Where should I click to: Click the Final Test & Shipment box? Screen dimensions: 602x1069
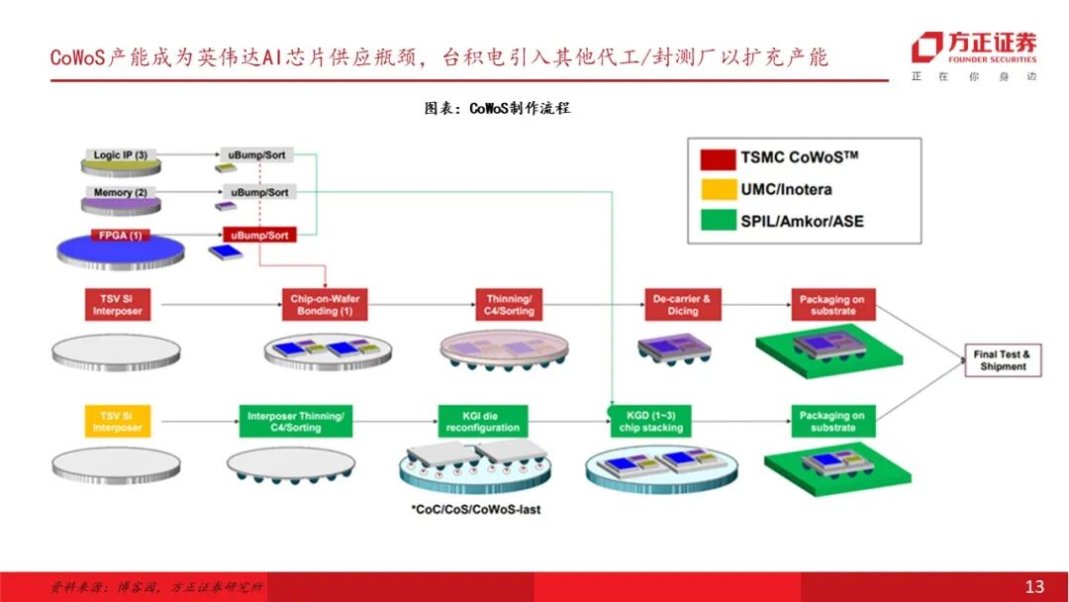pos(1001,360)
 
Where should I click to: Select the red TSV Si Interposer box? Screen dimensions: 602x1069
pos(118,305)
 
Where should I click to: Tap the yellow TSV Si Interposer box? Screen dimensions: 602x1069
pos(118,422)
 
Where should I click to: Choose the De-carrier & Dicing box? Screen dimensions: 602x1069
pos(682,305)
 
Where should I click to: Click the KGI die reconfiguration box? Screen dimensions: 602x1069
pos(482,422)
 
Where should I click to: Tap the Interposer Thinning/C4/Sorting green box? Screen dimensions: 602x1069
pos(296,422)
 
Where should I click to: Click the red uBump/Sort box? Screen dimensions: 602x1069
pos(259,235)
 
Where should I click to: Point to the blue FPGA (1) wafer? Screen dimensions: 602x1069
pos(120,248)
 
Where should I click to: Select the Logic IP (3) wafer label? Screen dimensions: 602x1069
pos(121,155)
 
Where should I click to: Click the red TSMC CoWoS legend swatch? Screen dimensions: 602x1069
pos(716,158)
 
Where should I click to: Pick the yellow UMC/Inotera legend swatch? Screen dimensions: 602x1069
pos(716,189)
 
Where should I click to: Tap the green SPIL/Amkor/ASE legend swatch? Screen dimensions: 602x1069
pos(716,220)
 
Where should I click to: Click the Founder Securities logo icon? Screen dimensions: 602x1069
pos(926,48)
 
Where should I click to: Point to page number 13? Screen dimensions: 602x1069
pos(1034,587)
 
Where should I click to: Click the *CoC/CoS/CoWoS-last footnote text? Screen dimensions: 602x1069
pos(476,510)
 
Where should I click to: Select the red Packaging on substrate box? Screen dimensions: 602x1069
pos(831,305)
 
